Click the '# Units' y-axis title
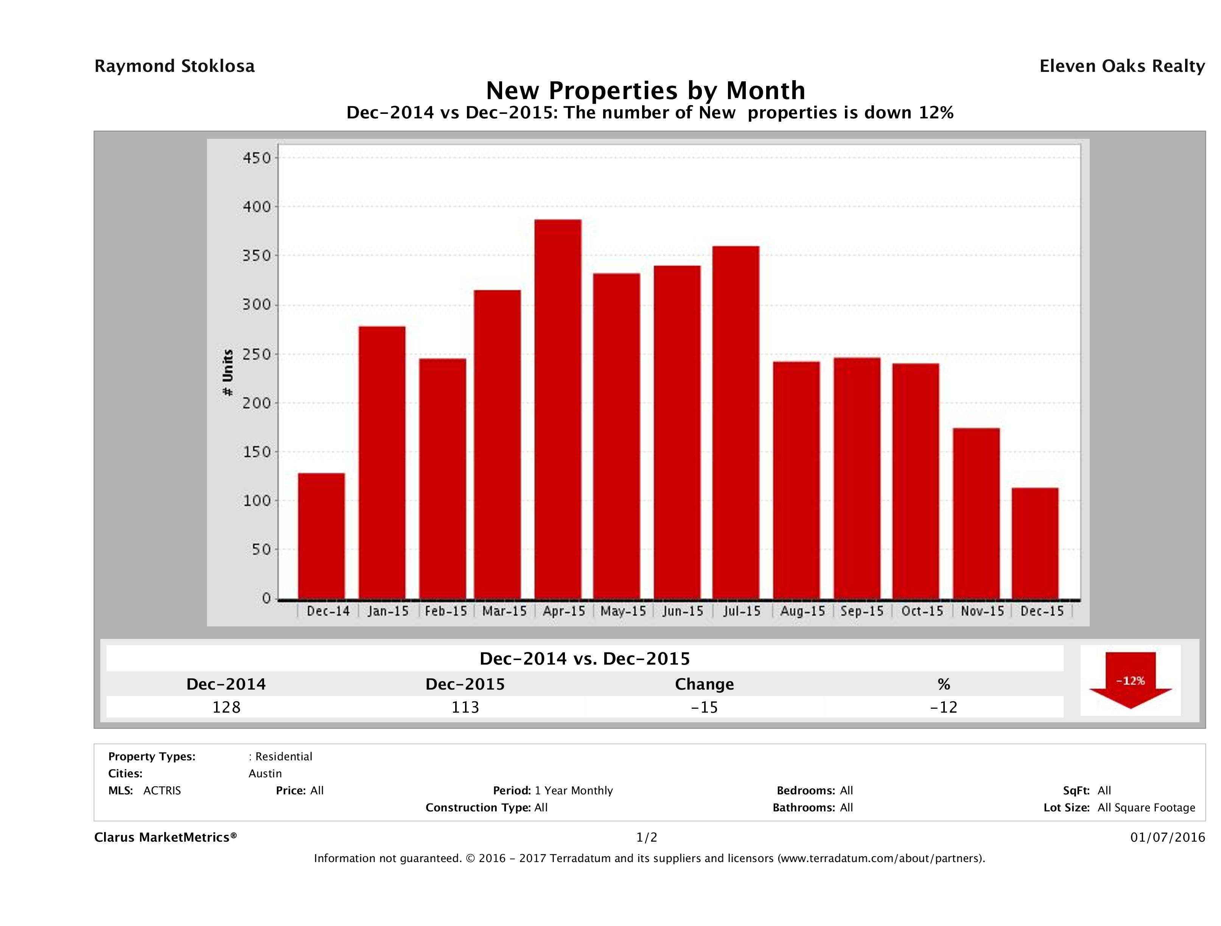(227, 373)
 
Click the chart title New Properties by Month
(645, 90)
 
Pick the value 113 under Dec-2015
(465, 707)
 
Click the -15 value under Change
(705, 707)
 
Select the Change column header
(705, 684)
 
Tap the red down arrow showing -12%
(1130, 681)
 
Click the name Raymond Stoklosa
(174, 66)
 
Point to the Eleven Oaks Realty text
(1121, 66)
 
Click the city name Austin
(265, 774)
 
